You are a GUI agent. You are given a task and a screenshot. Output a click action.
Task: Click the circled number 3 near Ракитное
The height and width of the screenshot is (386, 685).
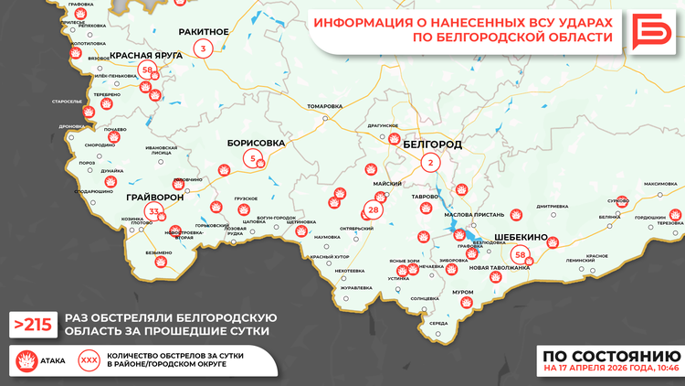pyautogui.click(x=203, y=48)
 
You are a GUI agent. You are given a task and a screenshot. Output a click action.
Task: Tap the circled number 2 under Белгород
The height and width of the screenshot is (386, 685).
pyautogui.click(x=429, y=163)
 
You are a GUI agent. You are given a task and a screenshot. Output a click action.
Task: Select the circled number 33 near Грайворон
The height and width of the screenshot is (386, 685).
pyautogui.click(x=154, y=213)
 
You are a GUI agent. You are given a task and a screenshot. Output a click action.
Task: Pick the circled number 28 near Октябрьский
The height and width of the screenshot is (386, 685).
pyautogui.click(x=374, y=210)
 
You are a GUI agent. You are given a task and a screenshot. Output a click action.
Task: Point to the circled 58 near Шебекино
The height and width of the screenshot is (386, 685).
pyautogui.click(x=521, y=254)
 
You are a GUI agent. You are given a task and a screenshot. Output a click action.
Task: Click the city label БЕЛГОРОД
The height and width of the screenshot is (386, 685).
pyautogui.click(x=432, y=145)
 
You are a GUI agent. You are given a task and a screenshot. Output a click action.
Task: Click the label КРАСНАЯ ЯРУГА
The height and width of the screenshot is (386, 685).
pyautogui.click(x=145, y=55)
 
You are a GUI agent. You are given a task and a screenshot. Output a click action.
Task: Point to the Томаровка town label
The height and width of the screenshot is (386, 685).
pyautogui.click(x=324, y=106)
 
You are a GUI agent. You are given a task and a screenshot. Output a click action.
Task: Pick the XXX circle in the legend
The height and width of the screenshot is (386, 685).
pyautogui.click(x=89, y=359)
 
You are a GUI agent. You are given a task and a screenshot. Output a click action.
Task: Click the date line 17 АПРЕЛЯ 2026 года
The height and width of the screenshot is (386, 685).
pyautogui.click(x=610, y=370)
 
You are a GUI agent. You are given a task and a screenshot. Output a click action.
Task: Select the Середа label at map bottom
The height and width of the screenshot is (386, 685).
pyautogui.click(x=438, y=323)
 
